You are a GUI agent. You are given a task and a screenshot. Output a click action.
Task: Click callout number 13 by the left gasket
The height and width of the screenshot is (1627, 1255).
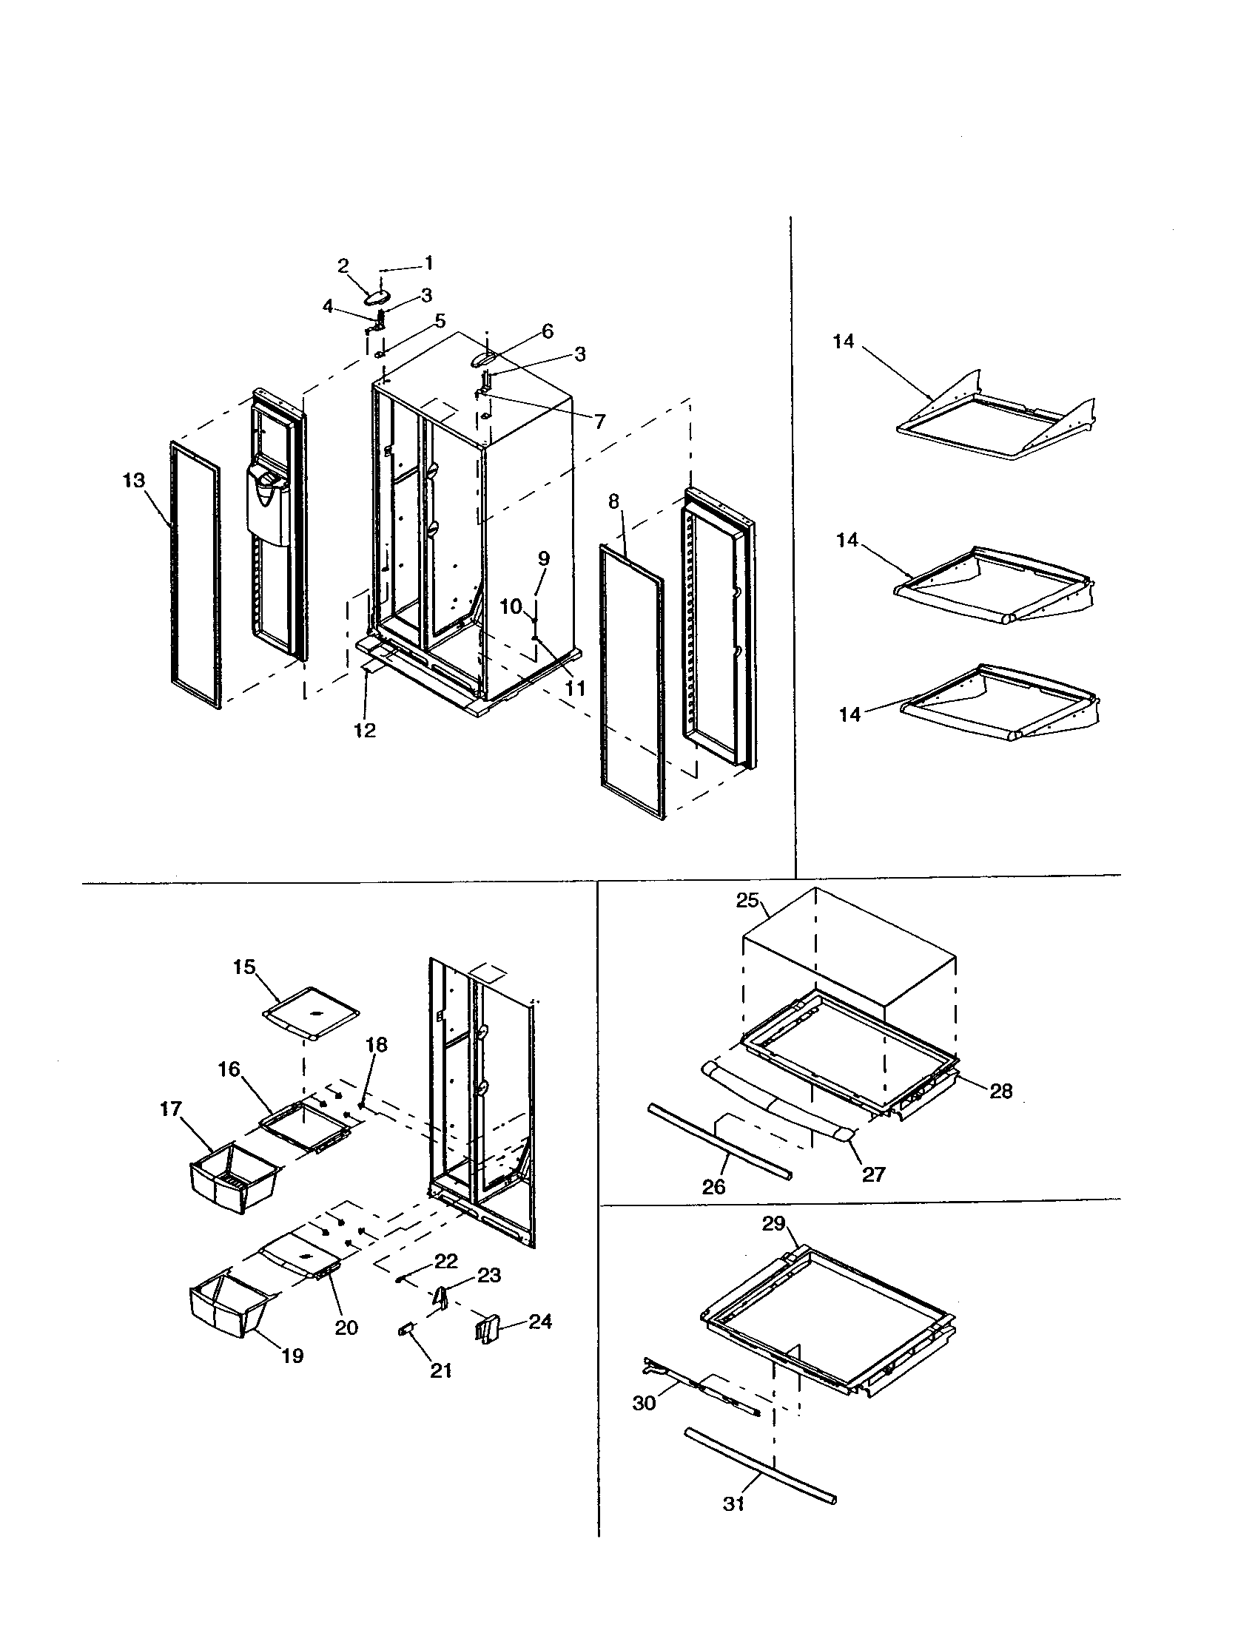click(x=133, y=481)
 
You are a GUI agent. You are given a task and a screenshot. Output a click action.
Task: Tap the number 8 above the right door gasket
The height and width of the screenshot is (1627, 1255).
click(x=613, y=501)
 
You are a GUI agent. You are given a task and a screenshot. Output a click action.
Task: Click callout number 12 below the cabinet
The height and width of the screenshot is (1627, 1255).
click(x=365, y=730)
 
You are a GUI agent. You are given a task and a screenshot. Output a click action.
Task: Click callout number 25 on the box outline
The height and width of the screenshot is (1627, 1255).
click(x=747, y=901)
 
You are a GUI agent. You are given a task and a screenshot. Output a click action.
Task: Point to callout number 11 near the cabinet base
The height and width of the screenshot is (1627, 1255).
click(x=574, y=689)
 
